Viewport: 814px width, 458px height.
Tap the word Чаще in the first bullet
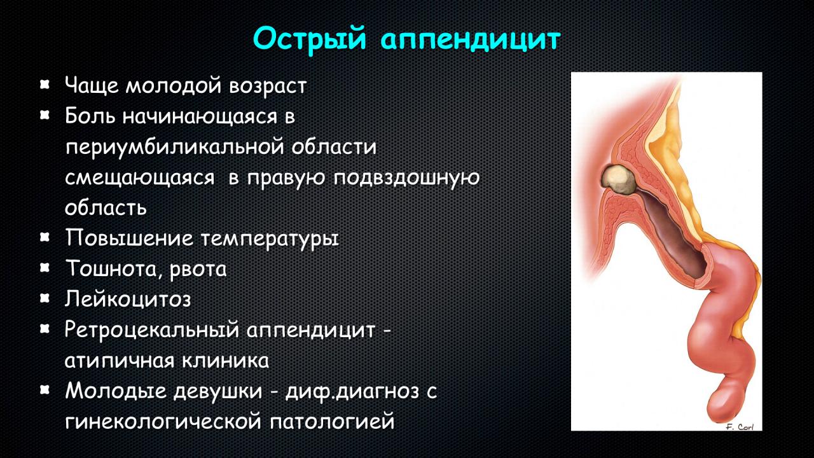click(x=92, y=86)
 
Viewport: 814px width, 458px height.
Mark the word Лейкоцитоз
click(x=128, y=299)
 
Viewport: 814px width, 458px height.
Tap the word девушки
click(x=218, y=392)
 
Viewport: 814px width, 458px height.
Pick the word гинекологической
click(x=163, y=422)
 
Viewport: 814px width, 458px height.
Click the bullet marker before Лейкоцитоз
click(x=45, y=298)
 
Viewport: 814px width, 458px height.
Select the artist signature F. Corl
click(x=740, y=427)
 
